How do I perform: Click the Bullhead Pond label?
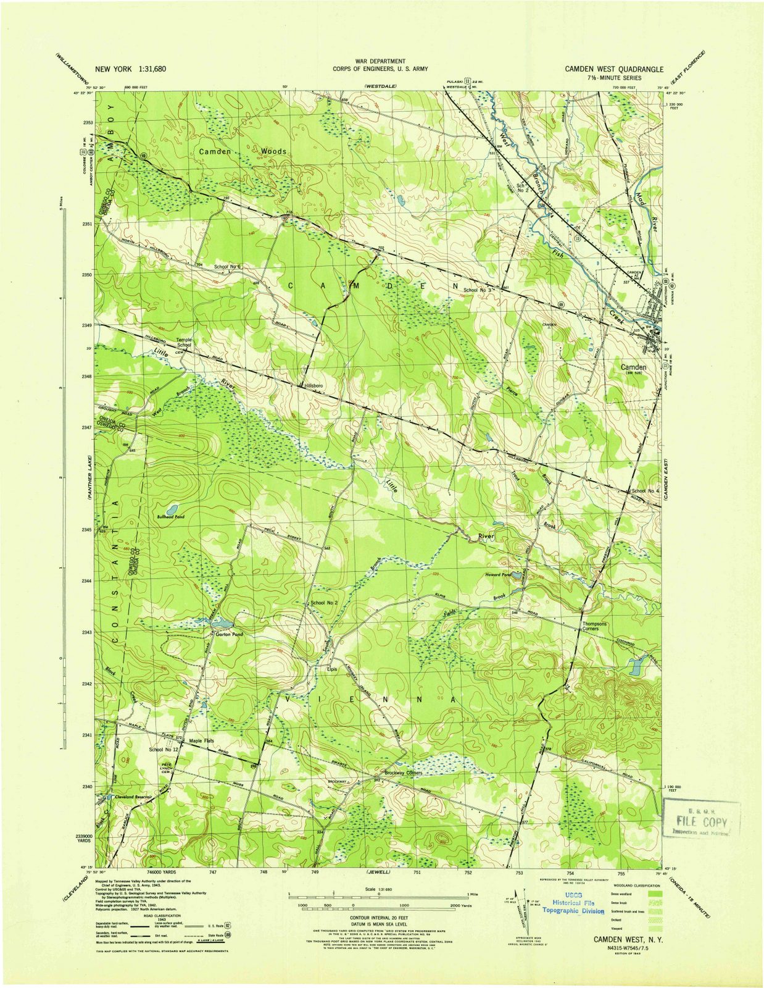[x=171, y=516]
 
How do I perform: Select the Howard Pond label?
[x=498, y=575]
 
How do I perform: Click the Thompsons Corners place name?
[x=594, y=626]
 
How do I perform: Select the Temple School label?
[x=185, y=342]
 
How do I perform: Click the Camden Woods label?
[x=242, y=151]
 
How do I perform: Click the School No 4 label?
[x=646, y=491]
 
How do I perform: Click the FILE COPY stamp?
[x=702, y=821]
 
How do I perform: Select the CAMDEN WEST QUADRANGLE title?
[x=614, y=69]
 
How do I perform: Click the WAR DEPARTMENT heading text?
[x=380, y=61]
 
